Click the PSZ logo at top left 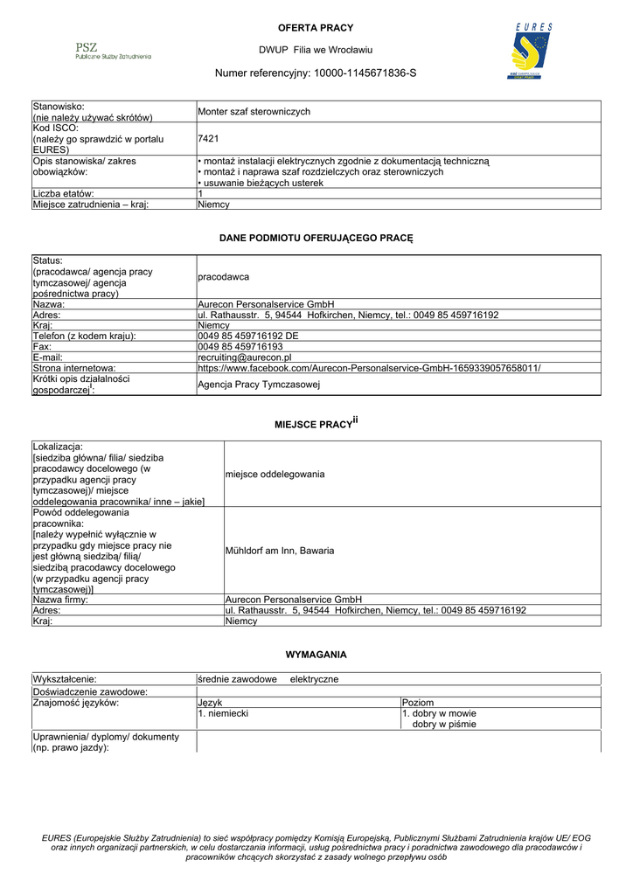coord(113,50)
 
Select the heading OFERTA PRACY coord(316,28)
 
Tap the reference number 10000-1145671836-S coord(365,73)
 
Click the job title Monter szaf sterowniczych coord(254,112)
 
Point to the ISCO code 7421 coord(208,139)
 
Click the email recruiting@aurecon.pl coord(245,357)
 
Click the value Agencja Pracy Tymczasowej coord(259,385)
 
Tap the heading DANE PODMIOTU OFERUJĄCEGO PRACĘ coord(316,238)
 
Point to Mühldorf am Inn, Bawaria coord(280,552)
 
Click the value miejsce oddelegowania coord(275,474)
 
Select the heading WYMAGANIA coord(316,654)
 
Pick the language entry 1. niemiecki coord(223,714)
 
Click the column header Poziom coord(418,703)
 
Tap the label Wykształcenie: coord(65,679)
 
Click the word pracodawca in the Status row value coord(223,277)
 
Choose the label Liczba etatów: coord(64,194)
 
